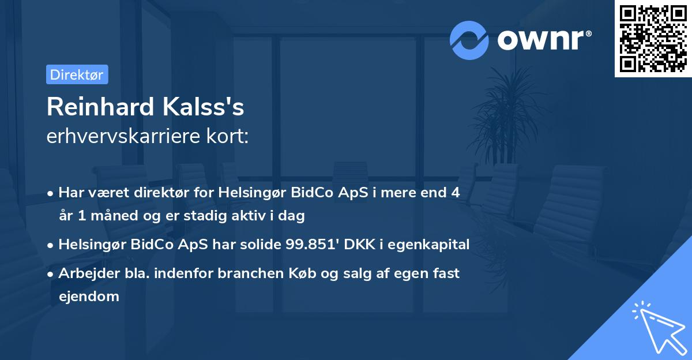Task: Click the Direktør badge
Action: pyautogui.click(x=77, y=74)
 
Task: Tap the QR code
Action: pyautogui.click(x=653, y=38)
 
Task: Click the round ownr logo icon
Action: pyautogui.click(x=469, y=40)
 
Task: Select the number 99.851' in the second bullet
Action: pyautogui.click(x=314, y=245)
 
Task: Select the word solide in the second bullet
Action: pyautogui.click(x=262, y=245)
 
